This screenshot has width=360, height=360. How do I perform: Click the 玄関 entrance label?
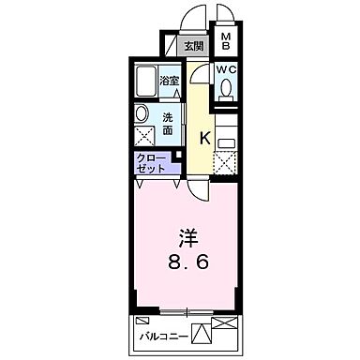(194, 46)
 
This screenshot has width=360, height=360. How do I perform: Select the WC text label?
(227, 69)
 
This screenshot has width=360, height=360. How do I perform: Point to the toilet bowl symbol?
(227, 90)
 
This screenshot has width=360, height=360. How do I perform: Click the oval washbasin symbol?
(142, 114)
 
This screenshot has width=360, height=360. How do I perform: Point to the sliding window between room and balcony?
(187, 311)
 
